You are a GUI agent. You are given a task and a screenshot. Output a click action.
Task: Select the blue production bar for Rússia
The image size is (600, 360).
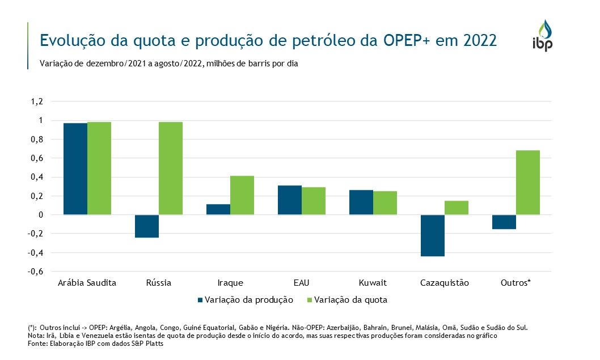click(x=147, y=226)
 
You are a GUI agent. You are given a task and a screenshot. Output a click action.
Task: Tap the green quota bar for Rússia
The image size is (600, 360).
click(x=171, y=168)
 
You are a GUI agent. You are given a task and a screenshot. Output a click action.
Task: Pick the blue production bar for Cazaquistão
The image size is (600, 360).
click(x=433, y=235)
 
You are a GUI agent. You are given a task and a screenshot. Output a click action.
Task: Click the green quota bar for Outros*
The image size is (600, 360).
click(x=528, y=183)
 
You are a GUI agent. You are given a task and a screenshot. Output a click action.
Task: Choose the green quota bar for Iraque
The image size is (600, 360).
click(x=242, y=195)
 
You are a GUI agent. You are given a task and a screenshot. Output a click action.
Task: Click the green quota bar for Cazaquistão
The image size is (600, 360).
click(x=457, y=207)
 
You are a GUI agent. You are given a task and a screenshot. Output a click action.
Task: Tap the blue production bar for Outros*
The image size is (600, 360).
click(x=504, y=222)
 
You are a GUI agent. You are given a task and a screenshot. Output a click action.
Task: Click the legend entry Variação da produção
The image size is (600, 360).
click(x=244, y=300)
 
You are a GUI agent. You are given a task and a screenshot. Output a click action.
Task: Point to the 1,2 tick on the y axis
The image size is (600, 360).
click(x=37, y=102)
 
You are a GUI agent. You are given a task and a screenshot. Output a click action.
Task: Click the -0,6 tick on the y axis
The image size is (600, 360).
click(x=36, y=272)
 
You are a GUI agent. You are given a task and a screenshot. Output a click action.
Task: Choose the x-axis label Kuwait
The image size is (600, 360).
click(x=373, y=282)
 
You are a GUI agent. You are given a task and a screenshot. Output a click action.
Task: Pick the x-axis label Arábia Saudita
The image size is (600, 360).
click(x=87, y=282)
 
